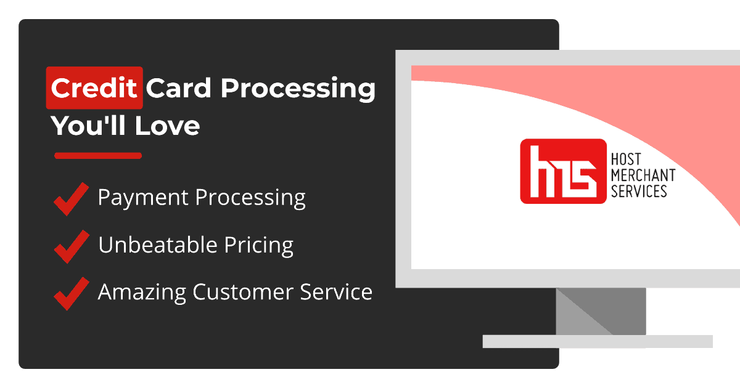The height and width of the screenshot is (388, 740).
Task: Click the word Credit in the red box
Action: pyautogui.click(x=94, y=88)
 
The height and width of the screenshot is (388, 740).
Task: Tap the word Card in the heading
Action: pyautogui.click(x=178, y=88)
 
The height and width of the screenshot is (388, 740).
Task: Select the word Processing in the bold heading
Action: pyautogui.click(x=298, y=89)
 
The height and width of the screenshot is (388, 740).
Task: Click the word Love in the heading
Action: pyautogui.click(x=167, y=126)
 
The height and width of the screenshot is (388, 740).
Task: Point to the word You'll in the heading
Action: pyautogui.click(x=88, y=126)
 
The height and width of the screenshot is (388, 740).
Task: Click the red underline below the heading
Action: pyautogui.click(x=98, y=156)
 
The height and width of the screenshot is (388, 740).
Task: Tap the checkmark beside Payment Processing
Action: pyautogui.click(x=71, y=199)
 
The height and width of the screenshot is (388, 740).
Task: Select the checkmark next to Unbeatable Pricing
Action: pyautogui.click(x=72, y=246)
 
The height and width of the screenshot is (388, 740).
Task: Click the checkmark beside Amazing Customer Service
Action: pyautogui.click(x=72, y=294)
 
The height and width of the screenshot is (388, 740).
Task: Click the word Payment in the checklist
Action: pyautogui.click(x=143, y=198)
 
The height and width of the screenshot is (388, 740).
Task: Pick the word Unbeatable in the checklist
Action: pyautogui.click(x=158, y=245)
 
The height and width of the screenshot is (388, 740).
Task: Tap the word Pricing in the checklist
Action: pyautogui.click(x=258, y=246)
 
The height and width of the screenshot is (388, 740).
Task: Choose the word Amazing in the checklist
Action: pyautogui.click(x=142, y=293)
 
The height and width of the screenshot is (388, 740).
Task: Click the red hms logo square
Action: pyautogui.click(x=563, y=171)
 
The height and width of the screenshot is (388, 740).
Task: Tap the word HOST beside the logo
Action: pyautogui.click(x=626, y=160)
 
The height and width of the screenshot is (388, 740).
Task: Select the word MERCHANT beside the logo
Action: pyautogui.click(x=643, y=175)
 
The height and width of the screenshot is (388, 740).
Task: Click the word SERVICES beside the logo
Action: pyautogui.click(x=639, y=192)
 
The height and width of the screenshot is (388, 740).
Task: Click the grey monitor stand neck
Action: pyautogui.click(x=601, y=312)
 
